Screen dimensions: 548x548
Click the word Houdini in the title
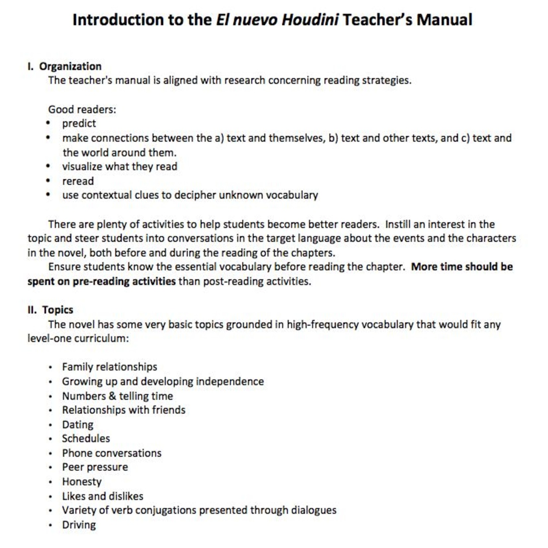click(310, 20)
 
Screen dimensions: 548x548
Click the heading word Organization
click(70, 66)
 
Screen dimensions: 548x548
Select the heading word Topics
click(57, 310)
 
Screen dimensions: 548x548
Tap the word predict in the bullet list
click(79, 123)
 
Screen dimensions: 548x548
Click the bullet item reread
click(78, 181)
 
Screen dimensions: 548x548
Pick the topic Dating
click(78, 425)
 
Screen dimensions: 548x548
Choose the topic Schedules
click(86, 439)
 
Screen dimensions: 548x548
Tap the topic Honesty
click(82, 482)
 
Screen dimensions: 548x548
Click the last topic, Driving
click(79, 525)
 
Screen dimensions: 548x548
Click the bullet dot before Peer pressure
click(50, 467)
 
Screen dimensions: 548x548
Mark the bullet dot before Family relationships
click(50, 367)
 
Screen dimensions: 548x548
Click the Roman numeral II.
click(32, 310)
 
